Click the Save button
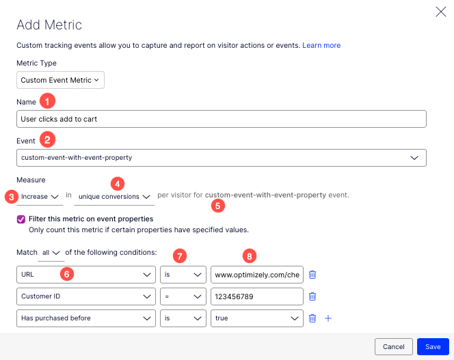coord(433,346)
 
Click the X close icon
coord(441,11)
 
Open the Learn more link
coord(321,45)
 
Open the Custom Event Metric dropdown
coord(60,80)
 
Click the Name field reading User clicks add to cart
coord(221,119)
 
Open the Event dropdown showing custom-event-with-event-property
coord(221,158)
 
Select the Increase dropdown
coord(40,197)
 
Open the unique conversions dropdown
coord(113,197)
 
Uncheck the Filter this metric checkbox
coord(21,219)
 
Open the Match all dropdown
coord(51,253)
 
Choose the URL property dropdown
coord(86,275)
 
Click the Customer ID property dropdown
coord(86,296)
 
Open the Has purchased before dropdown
coord(86,318)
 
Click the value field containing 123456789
coord(256,296)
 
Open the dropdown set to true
coord(256,318)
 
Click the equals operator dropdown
coord(183,296)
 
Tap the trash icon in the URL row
coord(312,275)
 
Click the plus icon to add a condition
coord(328,318)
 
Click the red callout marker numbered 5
coord(218,205)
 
